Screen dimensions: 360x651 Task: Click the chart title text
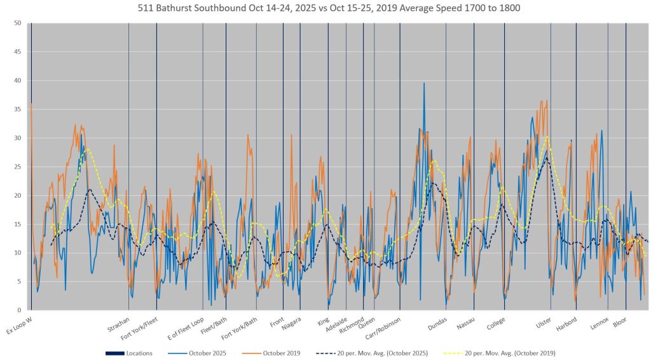click(x=325, y=9)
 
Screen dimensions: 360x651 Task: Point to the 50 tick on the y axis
click(x=18, y=24)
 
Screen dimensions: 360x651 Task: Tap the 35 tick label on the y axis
click(x=18, y=109)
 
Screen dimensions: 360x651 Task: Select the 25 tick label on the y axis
click(x=18, y=167)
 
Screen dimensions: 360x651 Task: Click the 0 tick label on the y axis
click(x=20, y=310)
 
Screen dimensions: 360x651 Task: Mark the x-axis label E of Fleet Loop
click(x=186, y=327)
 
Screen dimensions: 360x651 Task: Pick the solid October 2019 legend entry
click(x=280, y=353)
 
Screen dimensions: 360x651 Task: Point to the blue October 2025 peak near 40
click(x=424, y=83)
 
